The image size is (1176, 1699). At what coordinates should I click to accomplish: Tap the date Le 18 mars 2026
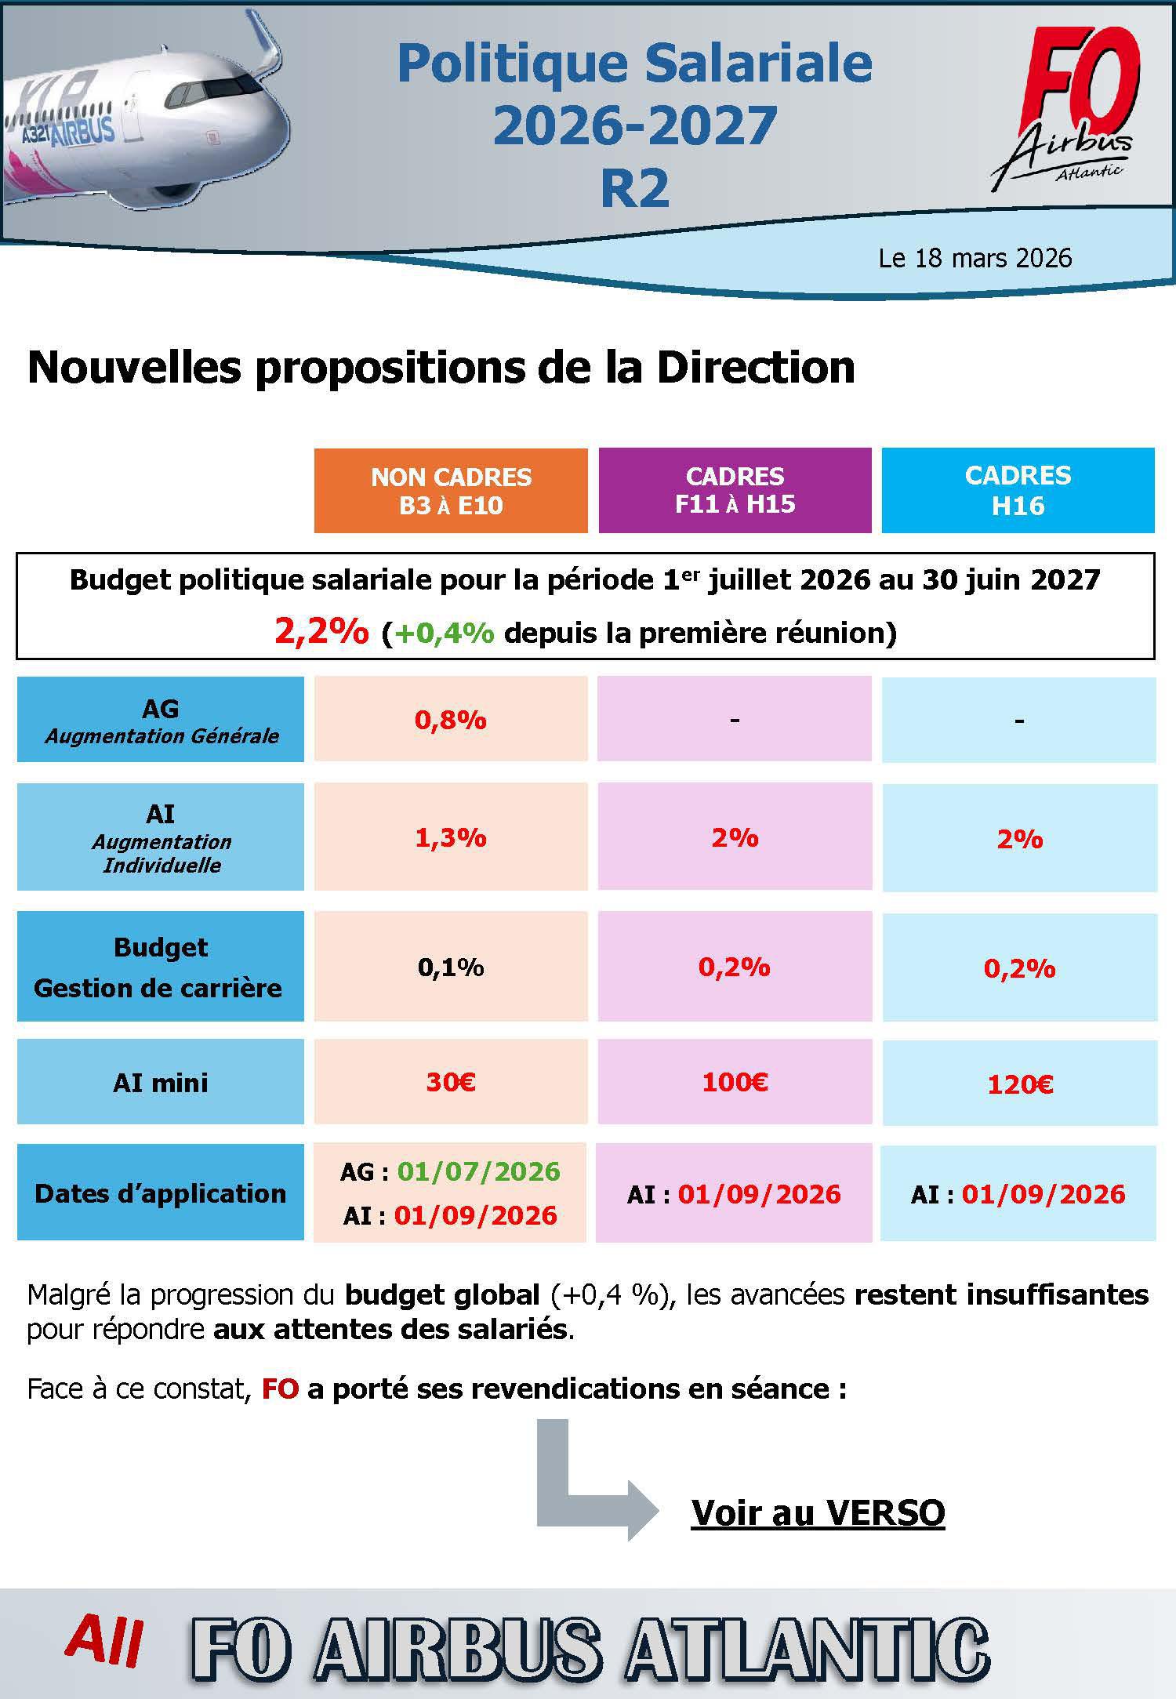[975, 258]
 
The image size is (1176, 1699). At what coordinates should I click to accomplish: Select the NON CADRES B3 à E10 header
[451, 491]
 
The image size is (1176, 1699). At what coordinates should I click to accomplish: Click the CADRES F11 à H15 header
[735, 490]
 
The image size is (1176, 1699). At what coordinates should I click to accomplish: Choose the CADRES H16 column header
[1018, 490]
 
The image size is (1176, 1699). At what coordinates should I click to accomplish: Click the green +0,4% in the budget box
[445, 632]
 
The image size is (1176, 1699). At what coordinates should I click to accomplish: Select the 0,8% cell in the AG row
[451, 720]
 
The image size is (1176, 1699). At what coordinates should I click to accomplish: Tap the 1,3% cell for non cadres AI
[451, 837]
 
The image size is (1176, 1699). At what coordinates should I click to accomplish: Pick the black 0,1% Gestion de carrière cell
[451, 967]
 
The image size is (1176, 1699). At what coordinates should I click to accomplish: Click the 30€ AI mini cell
[451, 1082]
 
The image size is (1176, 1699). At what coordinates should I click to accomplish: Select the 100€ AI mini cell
[735, 1082]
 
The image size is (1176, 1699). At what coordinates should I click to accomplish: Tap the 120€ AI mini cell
[1019, 1084]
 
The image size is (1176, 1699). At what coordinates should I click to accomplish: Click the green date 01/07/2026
[478, 1171]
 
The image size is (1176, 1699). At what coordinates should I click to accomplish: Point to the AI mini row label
[161, 1083]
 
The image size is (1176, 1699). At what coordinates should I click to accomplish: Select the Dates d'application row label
[161, 1193]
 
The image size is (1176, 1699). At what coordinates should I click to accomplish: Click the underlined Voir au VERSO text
[818, 1512]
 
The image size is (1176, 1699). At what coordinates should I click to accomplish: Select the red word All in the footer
[104, 1641]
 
